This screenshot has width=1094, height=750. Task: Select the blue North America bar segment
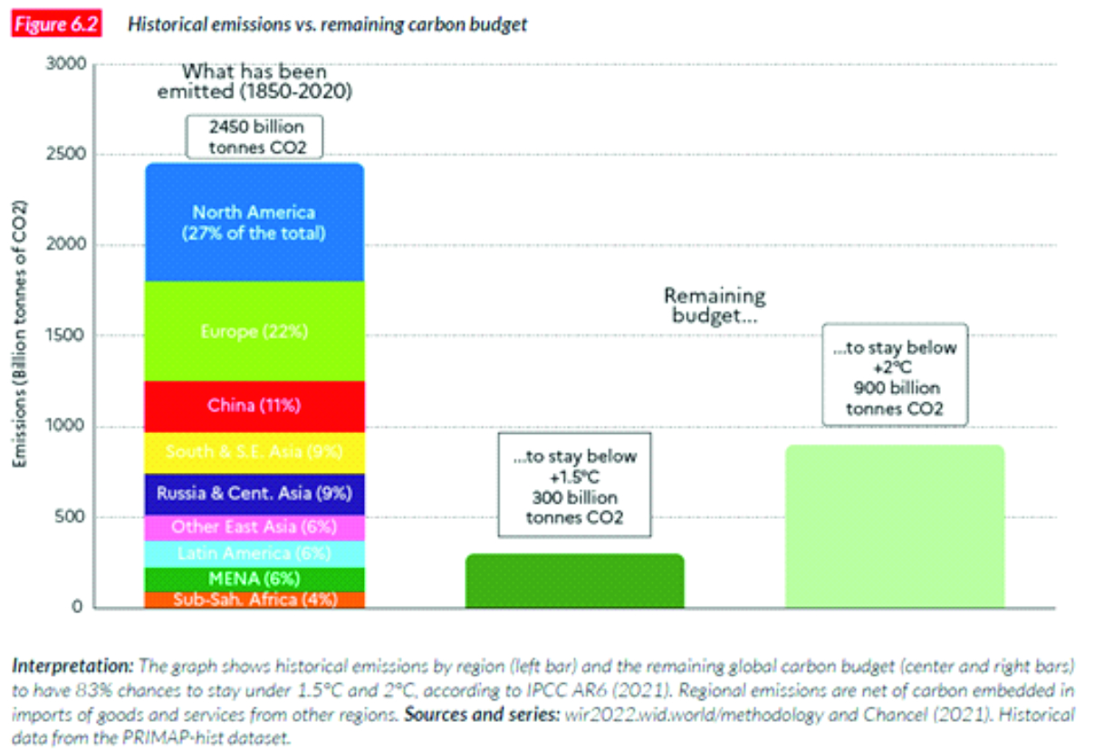(254, 223)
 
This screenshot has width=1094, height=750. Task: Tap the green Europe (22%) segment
(254, 332)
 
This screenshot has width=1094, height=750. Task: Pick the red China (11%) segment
(254, 406)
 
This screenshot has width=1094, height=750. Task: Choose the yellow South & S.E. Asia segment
(254, 452)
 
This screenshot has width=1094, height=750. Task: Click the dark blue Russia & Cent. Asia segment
(254, 495)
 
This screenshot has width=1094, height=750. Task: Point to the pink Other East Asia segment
(254, 527)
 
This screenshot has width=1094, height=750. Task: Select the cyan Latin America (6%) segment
(254, 553)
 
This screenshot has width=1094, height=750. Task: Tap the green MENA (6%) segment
(254, 579)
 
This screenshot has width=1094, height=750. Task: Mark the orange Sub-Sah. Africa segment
(254, 599)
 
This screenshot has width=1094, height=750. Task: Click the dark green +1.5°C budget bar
(574, 581)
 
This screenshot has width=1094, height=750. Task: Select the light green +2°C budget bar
(894, 526)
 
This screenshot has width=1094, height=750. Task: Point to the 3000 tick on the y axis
(67, 64)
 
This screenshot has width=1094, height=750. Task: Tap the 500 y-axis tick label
(72, 517)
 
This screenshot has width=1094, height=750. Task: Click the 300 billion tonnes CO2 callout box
(575, 487)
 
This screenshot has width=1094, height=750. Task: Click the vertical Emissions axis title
(19, 336)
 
